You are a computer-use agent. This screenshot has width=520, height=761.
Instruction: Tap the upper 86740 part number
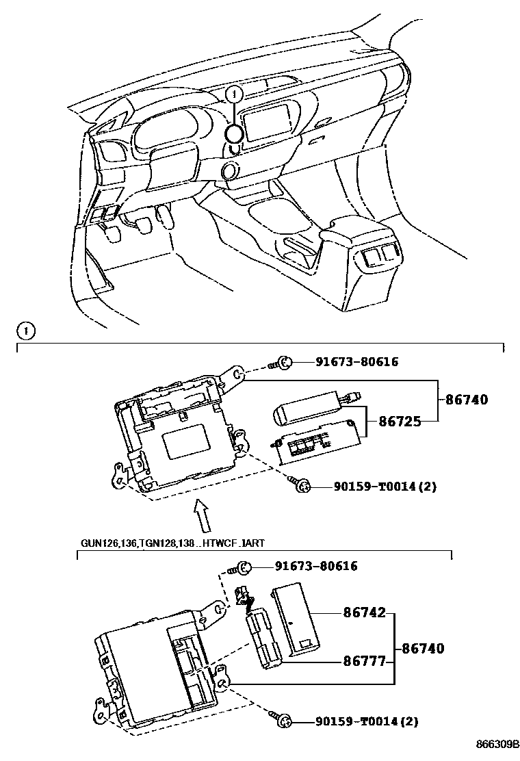click(x=467, y=400)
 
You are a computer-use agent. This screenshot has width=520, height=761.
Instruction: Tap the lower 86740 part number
click(x=422, y=648)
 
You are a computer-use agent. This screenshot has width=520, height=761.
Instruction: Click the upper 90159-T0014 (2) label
click(x=385, y=487)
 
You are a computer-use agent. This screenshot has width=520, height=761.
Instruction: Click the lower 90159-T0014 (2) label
click(x=367, y=721)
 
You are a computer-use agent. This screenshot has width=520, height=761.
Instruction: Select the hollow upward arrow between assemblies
click(x=200, y=515)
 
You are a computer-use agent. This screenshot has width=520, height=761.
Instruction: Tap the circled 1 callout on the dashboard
click(x=234, y=94)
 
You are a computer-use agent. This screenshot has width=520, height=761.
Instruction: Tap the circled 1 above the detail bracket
click(x=25, y=331)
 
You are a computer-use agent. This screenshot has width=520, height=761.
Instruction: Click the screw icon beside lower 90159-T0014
click(x=283, y=721)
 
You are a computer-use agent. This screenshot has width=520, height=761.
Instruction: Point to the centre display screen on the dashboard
click(x=270, y=124)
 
